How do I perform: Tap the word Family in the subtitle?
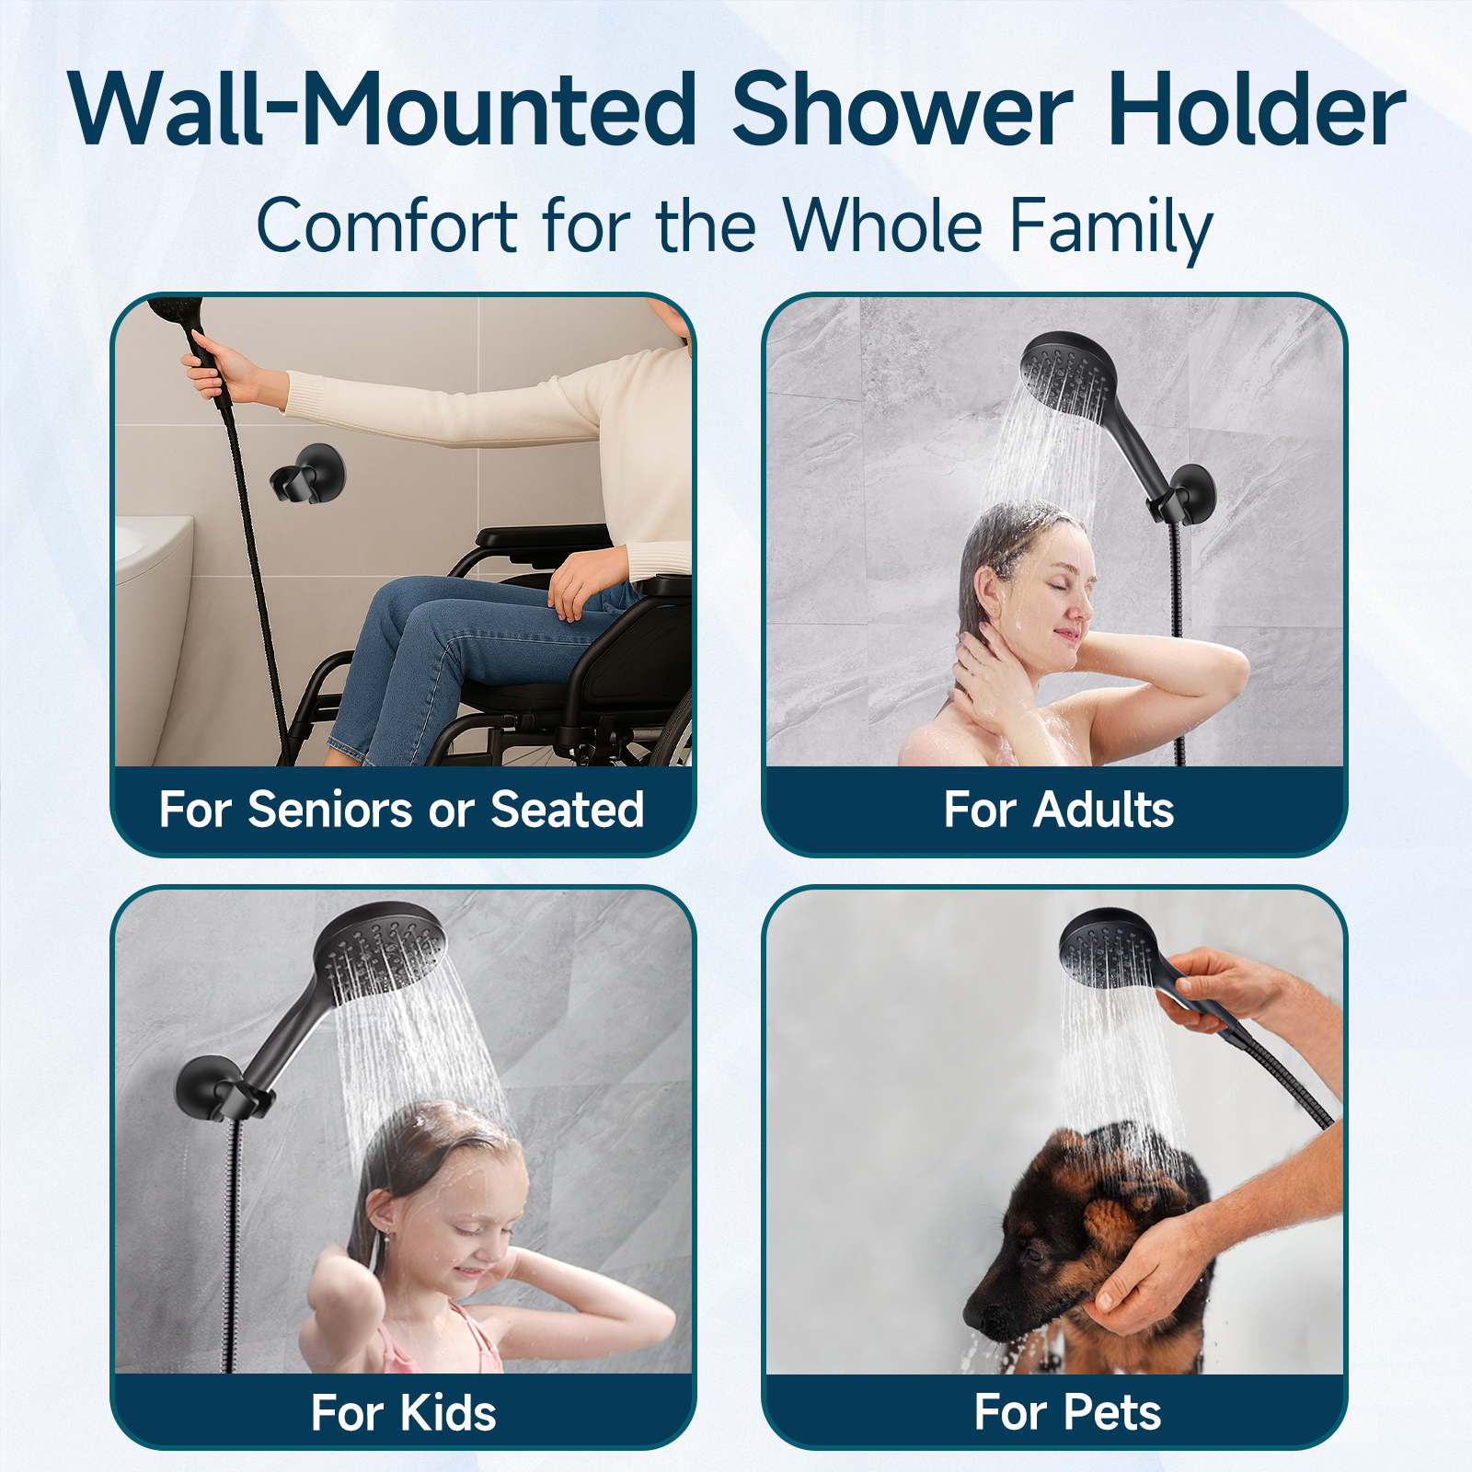coord(1111,227)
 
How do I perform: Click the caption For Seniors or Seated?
coord(402,810)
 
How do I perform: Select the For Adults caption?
coord(1059,810)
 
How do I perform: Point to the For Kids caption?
coord(404,1412)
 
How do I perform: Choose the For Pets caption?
coord(1067,1412)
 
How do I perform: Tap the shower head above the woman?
coord(1068,374)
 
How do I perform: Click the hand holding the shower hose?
coord(219,367)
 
